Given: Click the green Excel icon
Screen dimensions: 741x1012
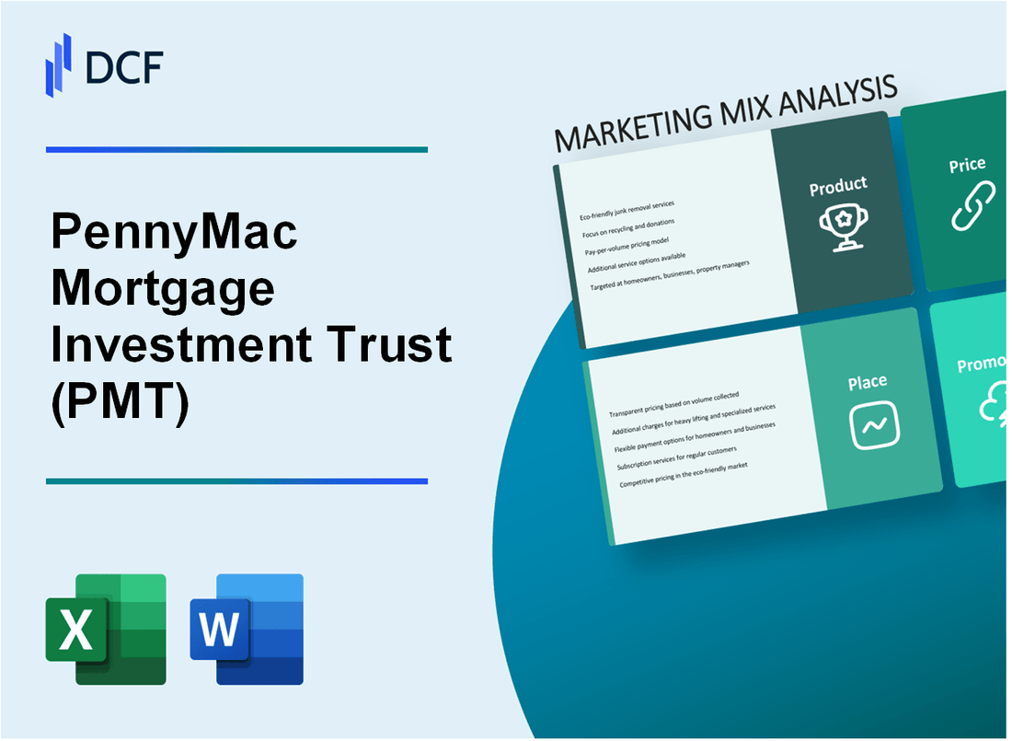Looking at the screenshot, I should click(106, 630).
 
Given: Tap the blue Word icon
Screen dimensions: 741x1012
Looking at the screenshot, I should click(247, 630).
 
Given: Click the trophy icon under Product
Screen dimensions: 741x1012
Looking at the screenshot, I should click(838, 226).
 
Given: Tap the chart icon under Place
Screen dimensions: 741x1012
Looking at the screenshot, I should click(875, 426).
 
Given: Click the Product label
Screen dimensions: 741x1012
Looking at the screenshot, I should click(837, 186).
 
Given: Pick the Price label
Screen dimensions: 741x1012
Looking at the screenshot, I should click(967, 166).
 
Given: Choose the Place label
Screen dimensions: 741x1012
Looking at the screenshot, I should click(867, 381).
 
